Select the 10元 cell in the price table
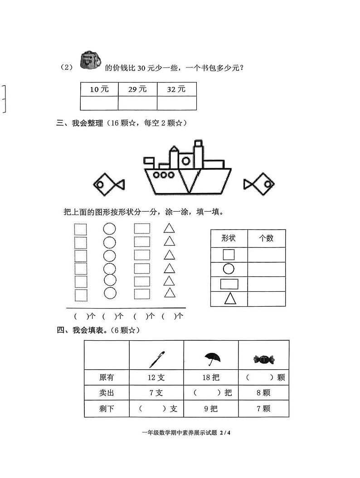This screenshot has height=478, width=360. tap(99, 89)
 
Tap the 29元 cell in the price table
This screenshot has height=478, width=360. tap(137, 89)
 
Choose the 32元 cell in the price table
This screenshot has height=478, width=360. tap(176, 89)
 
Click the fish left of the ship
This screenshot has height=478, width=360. tap(108, 184)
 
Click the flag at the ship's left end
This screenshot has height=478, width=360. tap(149, 160)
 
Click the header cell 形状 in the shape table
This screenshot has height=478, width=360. tap(229, 238)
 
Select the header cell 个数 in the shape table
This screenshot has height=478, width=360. tap(266, 238)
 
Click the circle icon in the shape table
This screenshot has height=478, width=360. tap(229, 269)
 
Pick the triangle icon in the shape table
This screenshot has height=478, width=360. tap(229, 299)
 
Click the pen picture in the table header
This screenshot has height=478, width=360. tap(156, 359)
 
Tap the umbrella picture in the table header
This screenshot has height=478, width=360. tap(211, 359)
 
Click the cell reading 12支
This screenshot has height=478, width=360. tap(156, 377)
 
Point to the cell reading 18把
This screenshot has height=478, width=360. tap(211, 377)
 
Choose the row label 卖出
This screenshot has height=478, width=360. tap(107, 393)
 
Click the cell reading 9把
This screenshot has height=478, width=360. tap(211, 409)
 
